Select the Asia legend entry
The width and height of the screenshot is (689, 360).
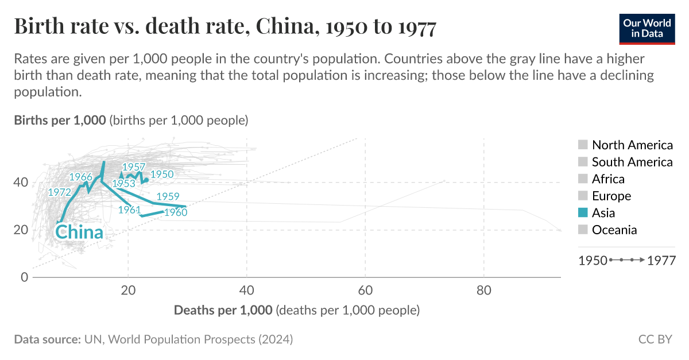click(603, 213)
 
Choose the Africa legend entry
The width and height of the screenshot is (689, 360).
click(608, 179)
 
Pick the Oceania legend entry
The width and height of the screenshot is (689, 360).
click(614, 230)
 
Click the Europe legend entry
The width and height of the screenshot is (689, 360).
click(611, 196)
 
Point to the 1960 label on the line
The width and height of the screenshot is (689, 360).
click(176, 213)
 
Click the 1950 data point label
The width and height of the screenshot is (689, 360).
click(162, 175)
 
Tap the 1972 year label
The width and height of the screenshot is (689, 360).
click(59, 192)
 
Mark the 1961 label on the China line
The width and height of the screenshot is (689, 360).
click(129, 210)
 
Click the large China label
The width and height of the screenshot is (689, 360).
click(79, 233)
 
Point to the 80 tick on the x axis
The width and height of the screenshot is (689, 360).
click(484, 289)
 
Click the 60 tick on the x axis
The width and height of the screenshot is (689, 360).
click(365, 289)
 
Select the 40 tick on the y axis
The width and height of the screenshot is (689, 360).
click(21, 183)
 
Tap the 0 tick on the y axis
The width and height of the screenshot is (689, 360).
click(24, 277)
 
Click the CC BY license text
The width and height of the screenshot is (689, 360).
click(655, 339)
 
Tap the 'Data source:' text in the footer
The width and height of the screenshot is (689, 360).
click(47, 339)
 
